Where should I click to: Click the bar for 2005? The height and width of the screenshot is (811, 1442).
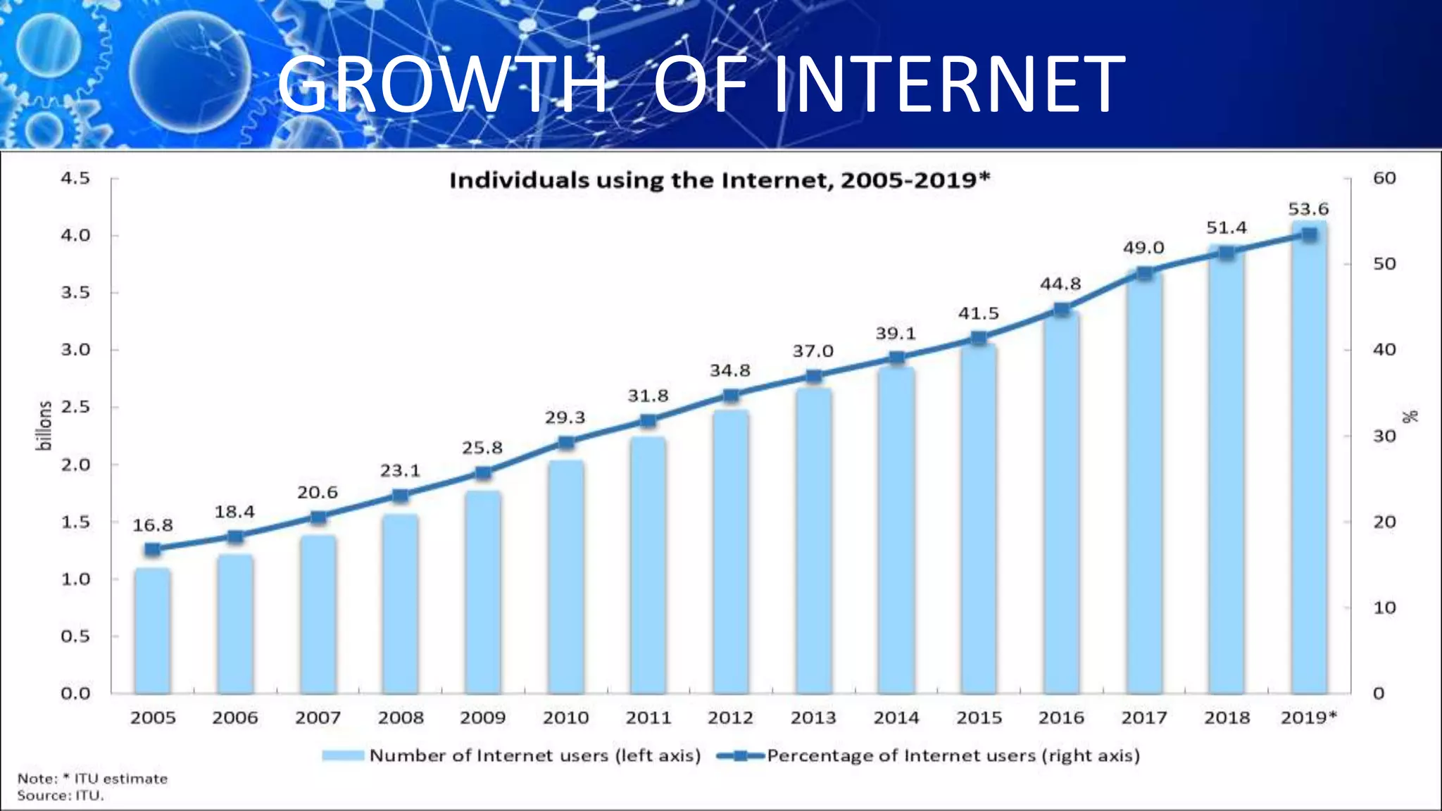(x=153, y=631)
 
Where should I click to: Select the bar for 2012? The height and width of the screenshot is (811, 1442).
(x=731, y=552)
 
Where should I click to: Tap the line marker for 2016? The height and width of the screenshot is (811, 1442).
(x=1062, y=310)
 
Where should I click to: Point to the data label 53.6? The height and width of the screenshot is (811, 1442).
(x=1308, y=209)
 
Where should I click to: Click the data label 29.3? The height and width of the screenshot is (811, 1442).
(x=565, y=417)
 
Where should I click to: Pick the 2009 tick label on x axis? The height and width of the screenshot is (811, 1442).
(x=483, y=718)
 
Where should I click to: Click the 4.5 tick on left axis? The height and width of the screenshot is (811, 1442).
(x=75, y=178)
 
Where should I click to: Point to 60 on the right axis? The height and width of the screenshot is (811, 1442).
(x=1384, y=178)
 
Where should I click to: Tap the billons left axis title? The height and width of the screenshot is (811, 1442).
(x=44, y=425)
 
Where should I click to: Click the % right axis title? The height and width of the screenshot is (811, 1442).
(x=1410, y=417)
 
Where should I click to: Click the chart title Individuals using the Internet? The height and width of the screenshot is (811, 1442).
(x=720, y=180)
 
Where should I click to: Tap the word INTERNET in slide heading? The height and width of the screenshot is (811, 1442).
(x=949, y=84)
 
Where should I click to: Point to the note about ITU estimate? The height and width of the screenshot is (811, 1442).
(x=93, y=779)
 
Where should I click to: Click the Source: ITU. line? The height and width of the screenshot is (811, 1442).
(x=61, y=796)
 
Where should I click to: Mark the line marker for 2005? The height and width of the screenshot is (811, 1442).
(x=153, y=549)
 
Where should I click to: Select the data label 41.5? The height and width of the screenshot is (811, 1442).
(x=978, y=313)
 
